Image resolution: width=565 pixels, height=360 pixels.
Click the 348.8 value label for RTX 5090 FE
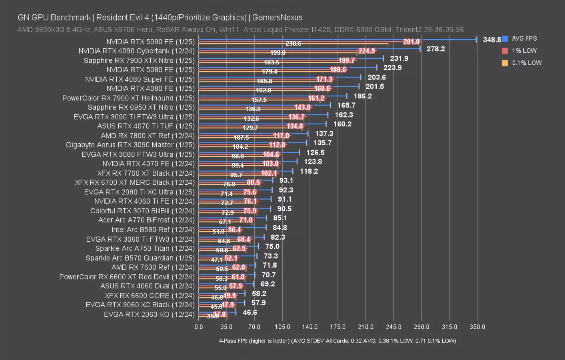[x=492, y=40]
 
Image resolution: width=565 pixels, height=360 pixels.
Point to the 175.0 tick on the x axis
[x=337, y=327]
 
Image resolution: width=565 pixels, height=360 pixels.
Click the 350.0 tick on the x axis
[x=477, y=327]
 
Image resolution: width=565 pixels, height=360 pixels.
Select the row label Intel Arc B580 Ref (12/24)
[x=153, y=230]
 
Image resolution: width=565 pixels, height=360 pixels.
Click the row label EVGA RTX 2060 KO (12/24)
[x=149, y=314]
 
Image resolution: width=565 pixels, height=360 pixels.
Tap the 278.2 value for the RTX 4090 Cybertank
[x=435, y=49]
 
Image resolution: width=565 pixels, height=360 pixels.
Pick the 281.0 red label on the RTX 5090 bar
[x=411, y=42]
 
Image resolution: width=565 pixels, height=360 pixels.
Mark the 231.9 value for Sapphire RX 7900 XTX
[x=399, y=58]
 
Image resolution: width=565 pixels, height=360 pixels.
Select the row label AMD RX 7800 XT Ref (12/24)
[x=148, y=136]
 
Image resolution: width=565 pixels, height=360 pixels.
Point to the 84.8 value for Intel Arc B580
[x=280, y=228]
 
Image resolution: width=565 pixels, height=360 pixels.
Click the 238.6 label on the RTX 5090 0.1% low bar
[x=293, y=44]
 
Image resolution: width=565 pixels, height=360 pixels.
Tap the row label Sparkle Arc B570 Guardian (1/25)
[x=140, y=258]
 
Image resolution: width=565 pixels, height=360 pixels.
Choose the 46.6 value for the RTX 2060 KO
[x=250, y=312]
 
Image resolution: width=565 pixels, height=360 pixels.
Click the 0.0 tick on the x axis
[x=199, y=327]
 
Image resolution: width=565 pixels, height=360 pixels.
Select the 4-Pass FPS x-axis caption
[x=337, y=341]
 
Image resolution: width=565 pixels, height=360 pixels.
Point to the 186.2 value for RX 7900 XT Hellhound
[x=362, y=96]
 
